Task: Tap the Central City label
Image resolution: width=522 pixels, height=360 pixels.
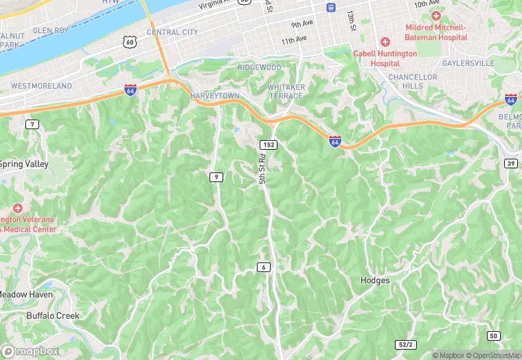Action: pos(172,32)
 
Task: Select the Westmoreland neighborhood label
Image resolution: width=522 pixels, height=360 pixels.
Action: pos(41,86)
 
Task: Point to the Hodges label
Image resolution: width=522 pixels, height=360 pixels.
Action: pos(375,280)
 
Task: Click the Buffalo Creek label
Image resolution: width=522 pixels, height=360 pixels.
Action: pos(53,316)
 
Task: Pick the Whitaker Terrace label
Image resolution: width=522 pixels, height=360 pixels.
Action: pos(285,92)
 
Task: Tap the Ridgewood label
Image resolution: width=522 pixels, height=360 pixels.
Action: pos(259,67)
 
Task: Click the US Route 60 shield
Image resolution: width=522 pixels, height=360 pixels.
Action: pos(130,43)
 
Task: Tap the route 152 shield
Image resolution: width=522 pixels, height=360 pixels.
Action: pos(268,144)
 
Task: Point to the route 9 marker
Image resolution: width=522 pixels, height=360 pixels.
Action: pos(216,177)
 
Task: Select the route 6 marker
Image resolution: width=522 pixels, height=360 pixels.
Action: pos(263,267)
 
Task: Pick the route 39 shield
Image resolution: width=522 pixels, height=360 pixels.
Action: pos(510,163)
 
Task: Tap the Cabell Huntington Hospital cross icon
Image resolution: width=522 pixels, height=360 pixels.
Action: pos(385,43)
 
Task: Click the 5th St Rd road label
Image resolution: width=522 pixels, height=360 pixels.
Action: pos(262,170)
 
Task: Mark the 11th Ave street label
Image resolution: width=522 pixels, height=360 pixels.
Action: pos(293,40)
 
